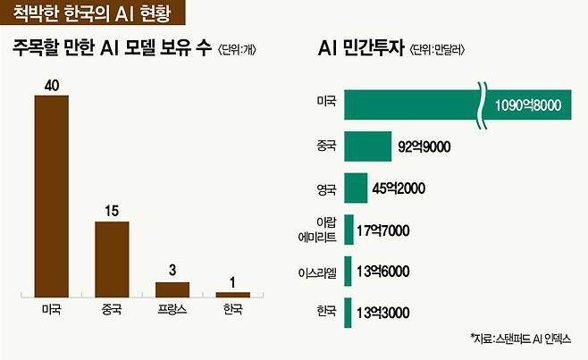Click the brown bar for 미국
click(51, 195)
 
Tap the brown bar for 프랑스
click(172, 289)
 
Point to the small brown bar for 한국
click(233, 294)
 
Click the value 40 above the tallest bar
click(51, 85)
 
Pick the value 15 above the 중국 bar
click(112, 212)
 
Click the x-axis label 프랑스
click(172, 312)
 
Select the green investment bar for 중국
click(367, 147)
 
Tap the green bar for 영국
click(356, 188)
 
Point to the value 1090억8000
click(527, 105)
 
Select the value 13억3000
click(382, 313)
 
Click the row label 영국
click(326, 189)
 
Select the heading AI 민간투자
click(362, 49)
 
